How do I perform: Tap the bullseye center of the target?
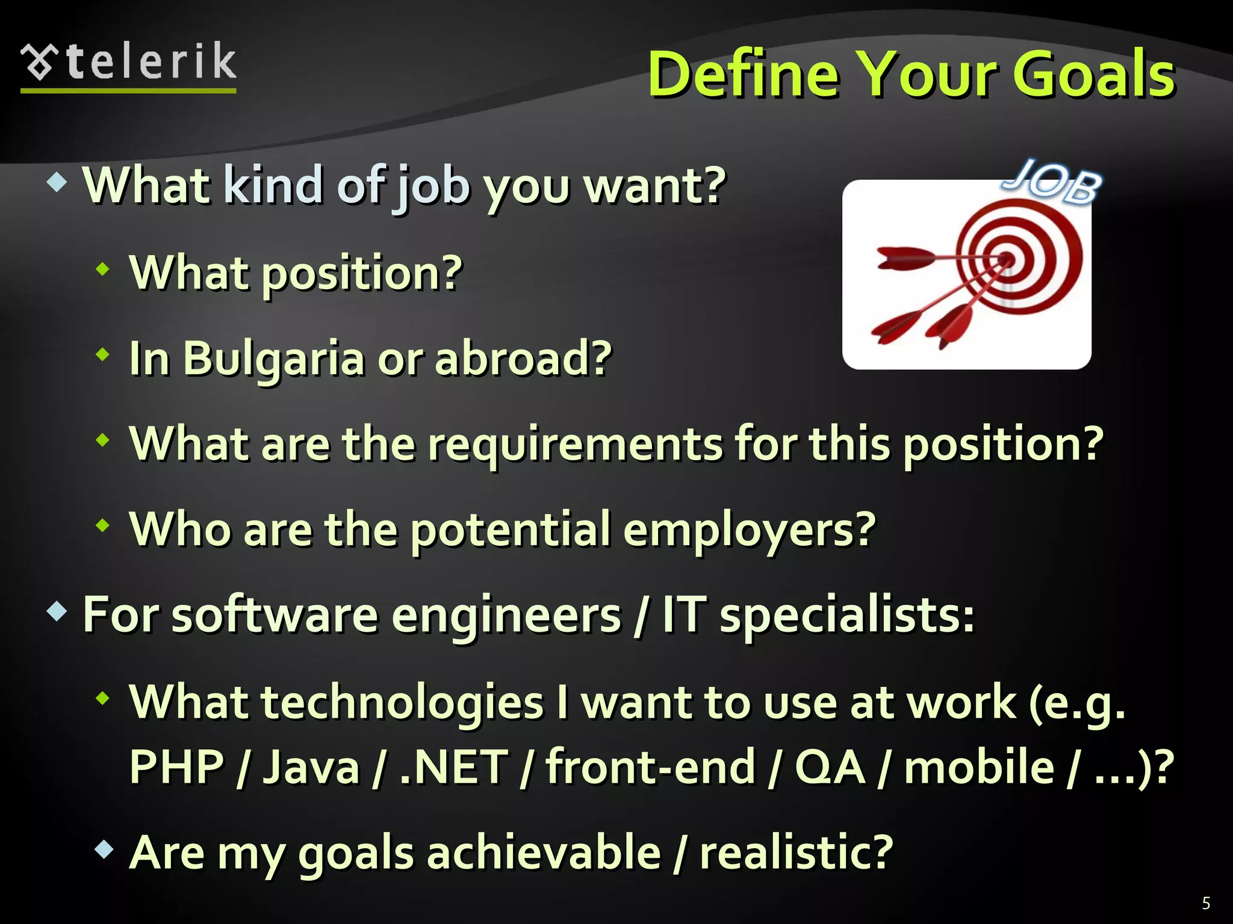point(1007,260)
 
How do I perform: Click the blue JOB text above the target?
point(1052,181)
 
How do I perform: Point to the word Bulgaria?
point(273,359)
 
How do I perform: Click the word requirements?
point(575,444)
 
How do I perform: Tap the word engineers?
point(506,615)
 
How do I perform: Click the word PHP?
point(176,767)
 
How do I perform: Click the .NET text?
point(453,767)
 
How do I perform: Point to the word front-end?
point(650,767)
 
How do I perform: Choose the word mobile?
point(979,767)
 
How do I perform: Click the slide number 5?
point(1205,903)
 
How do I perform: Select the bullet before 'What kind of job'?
point(57,182)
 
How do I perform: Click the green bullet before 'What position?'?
point(104,269)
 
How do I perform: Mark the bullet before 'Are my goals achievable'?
point(104,849)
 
